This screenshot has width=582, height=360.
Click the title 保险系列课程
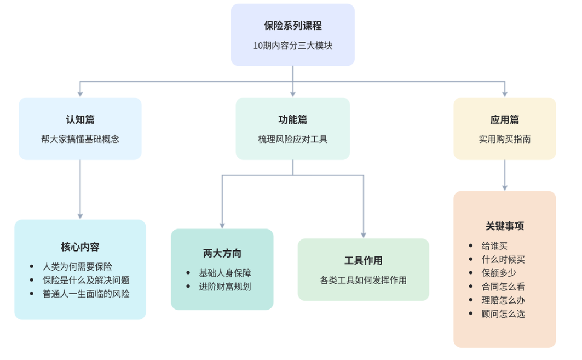coord(292,26)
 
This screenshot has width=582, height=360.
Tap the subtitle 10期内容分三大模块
coord(292,45)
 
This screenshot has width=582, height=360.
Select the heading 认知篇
coord(80,119)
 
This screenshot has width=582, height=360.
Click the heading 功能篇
coord(292,119)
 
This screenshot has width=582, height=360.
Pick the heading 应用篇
coord(504,119)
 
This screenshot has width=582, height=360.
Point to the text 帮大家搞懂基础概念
coord(80,139)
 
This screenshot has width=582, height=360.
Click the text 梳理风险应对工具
coord(292,139)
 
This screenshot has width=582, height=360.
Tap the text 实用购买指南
coord(504,139)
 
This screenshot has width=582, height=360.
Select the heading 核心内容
coord(80,247)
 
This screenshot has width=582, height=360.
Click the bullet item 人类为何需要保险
coord(77,266)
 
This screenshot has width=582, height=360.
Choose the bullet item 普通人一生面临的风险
coord(86,294)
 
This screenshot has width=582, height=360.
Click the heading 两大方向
coord(222,253)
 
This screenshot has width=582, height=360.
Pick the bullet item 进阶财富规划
coord(225,287)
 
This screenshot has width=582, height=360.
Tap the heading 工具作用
coord(364,260)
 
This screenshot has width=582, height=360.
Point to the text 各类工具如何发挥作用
coord(364,280)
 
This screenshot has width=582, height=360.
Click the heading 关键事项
coord(504,226)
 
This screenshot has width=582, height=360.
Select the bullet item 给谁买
coord(494,245)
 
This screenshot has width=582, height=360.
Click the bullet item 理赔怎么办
coord(503,300)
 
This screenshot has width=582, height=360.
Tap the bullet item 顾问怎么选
coord(503,313)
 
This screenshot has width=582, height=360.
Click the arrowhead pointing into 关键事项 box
coord(504,188)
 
